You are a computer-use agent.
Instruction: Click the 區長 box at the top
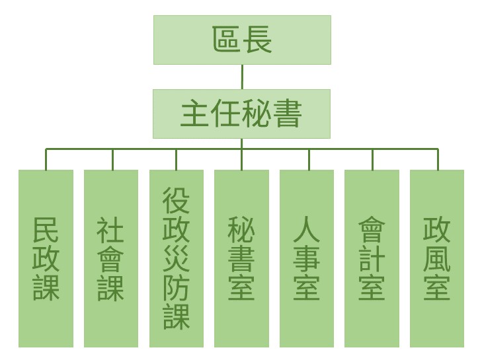click(242, 40)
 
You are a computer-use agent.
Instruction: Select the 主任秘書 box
click(242, 114)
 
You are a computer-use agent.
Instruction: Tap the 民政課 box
click(46, 258)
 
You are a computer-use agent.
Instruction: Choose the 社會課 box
click(111, 258)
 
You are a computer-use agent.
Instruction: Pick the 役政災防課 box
click(177, 258)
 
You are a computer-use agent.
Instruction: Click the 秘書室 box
click(242, 258)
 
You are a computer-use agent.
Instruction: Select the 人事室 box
click(307, 258)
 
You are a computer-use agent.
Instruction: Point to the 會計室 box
click(372, 258)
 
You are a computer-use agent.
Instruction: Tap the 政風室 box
click(437, 258)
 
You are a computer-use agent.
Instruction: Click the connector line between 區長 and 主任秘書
click(242, 77)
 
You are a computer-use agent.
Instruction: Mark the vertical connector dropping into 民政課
click(46, 159)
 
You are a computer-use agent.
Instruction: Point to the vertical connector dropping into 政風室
click(438, 159)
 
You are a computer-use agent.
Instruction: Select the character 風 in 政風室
click(437, 259)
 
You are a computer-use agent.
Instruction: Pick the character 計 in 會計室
click(372, 259)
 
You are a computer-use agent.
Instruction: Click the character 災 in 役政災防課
click(177, 259)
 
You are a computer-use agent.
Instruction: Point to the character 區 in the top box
click(227, 40)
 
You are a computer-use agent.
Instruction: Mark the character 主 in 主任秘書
click(194, 114)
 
